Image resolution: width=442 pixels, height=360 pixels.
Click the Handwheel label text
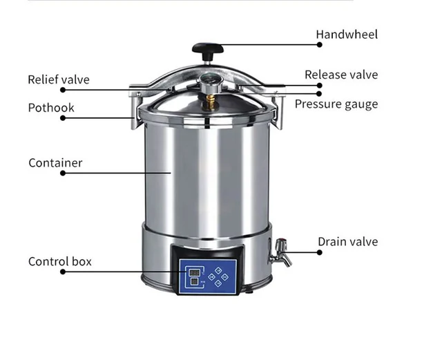(x=347, y=34)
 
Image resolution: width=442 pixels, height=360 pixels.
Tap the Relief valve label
(x=59, y=79)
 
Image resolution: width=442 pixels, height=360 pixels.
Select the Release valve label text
(x=341, y=75)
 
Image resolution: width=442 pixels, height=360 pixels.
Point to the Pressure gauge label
(x=336, y=104)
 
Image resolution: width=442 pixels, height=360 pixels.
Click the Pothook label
(x=51, y=108)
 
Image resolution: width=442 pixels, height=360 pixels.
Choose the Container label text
(x=55, y=163)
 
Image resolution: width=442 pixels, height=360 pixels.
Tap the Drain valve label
(x=347, y=241)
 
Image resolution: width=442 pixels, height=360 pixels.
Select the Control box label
(x=60, y=261)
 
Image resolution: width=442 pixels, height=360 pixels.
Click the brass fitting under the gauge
(x=207, y=102)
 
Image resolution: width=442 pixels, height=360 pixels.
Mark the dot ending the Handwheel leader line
(x=320, y=44)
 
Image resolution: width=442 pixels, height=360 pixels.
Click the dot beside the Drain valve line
(x=320, y=252)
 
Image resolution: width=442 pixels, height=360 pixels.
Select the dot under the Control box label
(x=63, y=272)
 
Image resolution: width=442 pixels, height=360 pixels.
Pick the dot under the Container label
(x=63, y=173)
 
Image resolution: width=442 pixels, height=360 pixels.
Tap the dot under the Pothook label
(x=63, y=118)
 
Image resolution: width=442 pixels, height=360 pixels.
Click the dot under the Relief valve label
(x=63, y=90)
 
